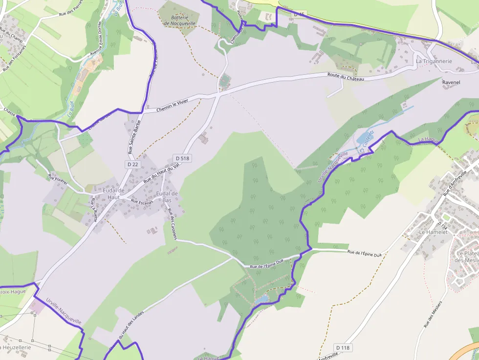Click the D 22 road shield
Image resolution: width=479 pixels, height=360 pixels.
click(133, 165)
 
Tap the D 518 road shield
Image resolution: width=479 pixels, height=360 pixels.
click(182, 158)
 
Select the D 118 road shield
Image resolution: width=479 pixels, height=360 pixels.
click(343, 347)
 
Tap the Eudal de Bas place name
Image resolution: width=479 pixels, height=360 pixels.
click(167, 197)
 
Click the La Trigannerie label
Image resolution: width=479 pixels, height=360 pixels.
click(434, 61)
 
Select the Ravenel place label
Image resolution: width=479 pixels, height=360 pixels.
click(451, 83)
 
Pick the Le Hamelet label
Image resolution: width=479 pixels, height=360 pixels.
click(434, 232)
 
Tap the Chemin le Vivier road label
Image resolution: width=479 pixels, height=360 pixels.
click(172, 106)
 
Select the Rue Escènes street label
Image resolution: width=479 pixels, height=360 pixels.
click(142, 201)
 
